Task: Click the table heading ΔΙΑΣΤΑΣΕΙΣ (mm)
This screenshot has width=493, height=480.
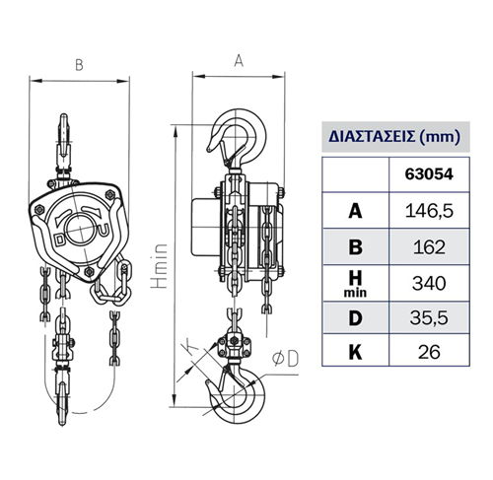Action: click(x=394, y=136)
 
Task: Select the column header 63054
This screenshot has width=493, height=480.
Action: click(x=429, y=174)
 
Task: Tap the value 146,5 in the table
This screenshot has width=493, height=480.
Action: click(x=429, y=211)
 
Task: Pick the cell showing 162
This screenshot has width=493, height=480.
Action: click(x=429, y=247)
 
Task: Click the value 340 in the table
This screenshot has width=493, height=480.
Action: click(x=429, y=283)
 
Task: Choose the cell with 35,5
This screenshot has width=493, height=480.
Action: click(x=429, y=317)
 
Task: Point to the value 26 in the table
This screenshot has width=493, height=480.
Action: click(x=429, y=352)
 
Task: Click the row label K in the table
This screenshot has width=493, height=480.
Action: click(x=355, y=352)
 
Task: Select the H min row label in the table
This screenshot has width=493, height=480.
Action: click(x=355, y=284)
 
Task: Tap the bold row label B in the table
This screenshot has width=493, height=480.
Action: click(x=355, y=247)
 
